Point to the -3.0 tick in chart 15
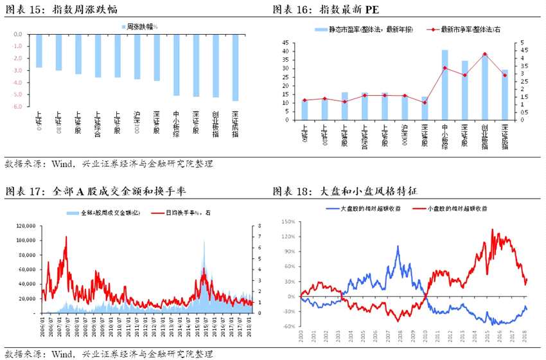pos(18,71)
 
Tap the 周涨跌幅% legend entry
pos(140,26)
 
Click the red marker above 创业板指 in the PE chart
pos(484,55)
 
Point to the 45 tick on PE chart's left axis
pos(285,43)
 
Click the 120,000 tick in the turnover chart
pos(28,226)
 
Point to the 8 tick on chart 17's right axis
pos(260,226)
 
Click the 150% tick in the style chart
pos(286,222)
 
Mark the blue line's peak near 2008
pos(398,246)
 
